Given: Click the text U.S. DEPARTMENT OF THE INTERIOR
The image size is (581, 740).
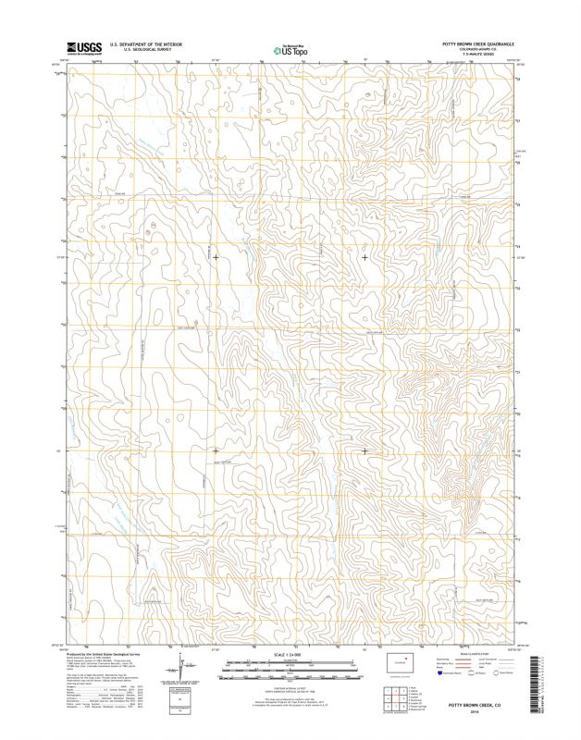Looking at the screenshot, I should [145, 43].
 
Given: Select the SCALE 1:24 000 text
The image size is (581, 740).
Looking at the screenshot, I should [291, 654].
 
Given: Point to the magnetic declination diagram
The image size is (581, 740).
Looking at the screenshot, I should [182, 665].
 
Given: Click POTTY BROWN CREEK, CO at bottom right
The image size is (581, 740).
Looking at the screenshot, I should [475, 704].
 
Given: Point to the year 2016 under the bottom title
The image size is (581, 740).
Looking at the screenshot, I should [475, 710].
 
